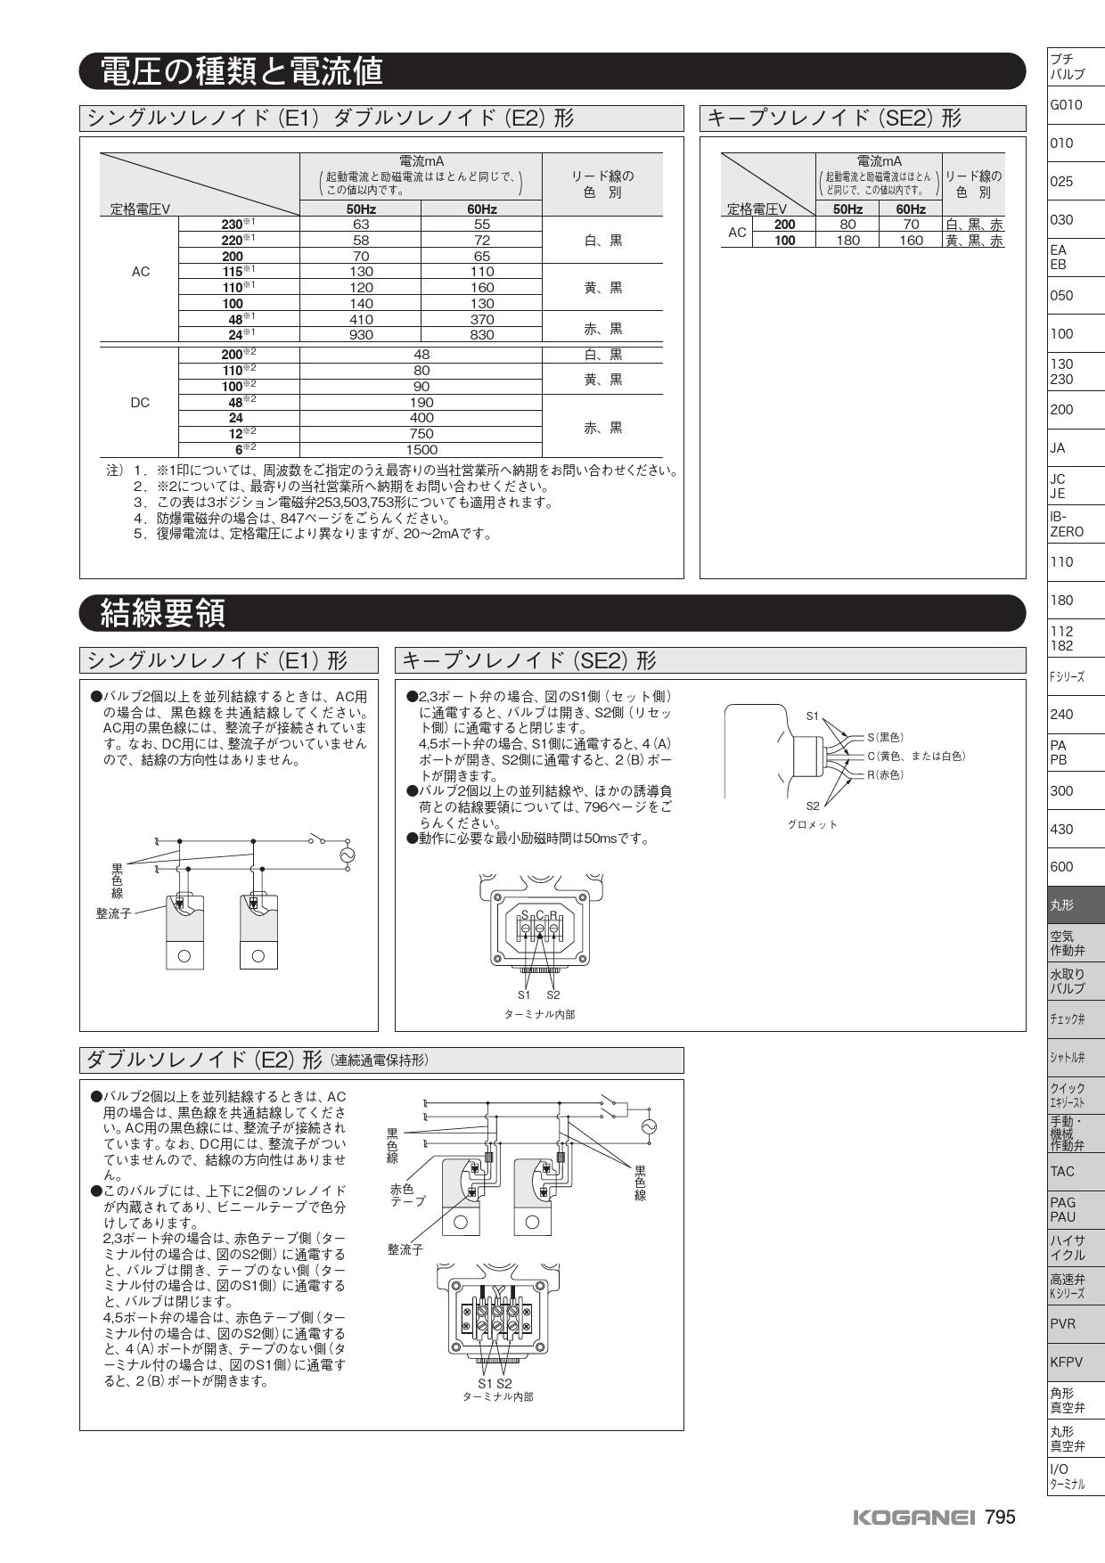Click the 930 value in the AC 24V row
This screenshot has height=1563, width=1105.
(x=361, y=335)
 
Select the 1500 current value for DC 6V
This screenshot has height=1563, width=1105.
(x=422, y=450)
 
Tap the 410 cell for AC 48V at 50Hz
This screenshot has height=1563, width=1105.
(x=361, y=319)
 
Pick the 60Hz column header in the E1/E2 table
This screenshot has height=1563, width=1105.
(x=481, y=209)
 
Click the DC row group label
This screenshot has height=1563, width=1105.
(x=140, y=403)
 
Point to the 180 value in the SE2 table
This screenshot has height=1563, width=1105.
(x=847, y=241)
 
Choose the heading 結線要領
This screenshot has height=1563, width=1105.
(x=163, y=613)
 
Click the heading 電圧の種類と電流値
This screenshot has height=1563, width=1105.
(x=241, y=71)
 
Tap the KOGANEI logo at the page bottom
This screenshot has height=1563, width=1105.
(x=914, y=1518)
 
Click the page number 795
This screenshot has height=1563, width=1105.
(x=1000, y=1518)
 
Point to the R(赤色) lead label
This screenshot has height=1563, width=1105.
(x=885, y=774)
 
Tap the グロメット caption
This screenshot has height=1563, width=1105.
(x=812, y=824)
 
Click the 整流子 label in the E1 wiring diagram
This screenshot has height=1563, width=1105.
(x=113, y=913)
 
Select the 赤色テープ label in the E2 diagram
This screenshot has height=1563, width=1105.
(x=407, y=1195)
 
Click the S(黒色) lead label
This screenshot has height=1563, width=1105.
(x=885, y=737)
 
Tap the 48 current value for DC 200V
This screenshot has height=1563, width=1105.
(x=422, y=355)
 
